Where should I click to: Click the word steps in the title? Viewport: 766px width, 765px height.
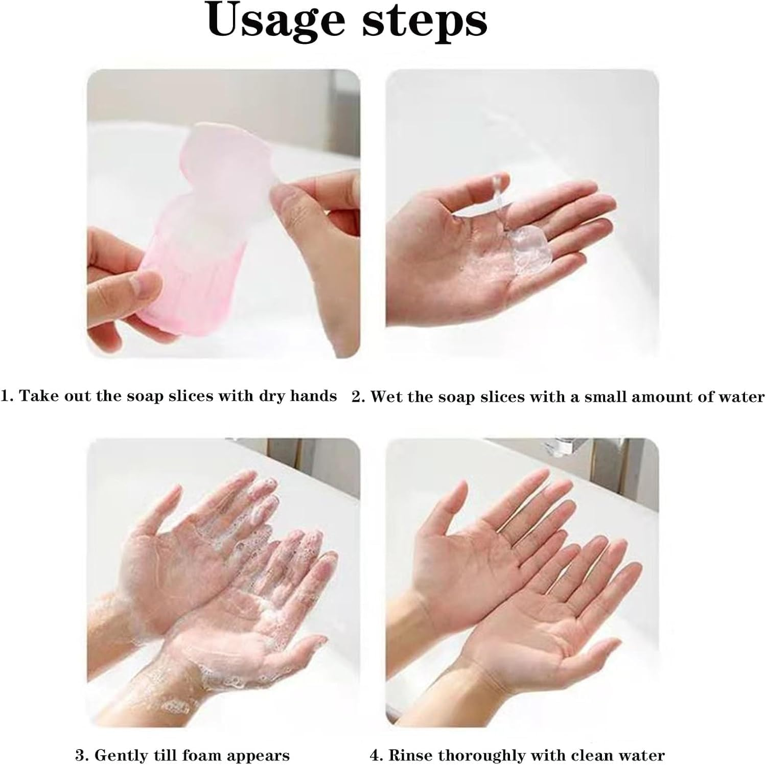[425, 21]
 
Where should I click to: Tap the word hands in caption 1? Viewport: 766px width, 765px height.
[313, 396]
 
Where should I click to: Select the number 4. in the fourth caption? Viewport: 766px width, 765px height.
[376, 755]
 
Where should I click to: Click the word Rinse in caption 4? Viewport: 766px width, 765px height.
[410, 755]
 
